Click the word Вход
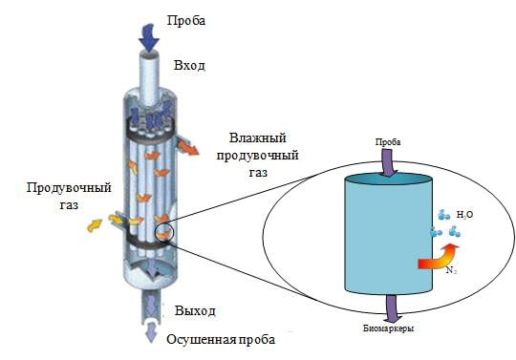(x=189, y=66)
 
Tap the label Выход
(x=195, y=310)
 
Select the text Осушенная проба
(x=221, y=339)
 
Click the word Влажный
(x=258, y=138)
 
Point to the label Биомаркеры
(x=389, y=328)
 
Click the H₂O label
(x=464, y=215)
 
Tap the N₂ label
(x=451, y=270)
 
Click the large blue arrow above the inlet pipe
(x=149, y=37)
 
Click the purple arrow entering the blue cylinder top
(x=389, y=162)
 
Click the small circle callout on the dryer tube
(x=164, y=232)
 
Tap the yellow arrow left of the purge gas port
(x=94, y=225)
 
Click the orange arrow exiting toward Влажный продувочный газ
(x=187, y=147)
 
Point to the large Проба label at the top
(x=186, y=20)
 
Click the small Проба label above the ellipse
(x=388, y=142)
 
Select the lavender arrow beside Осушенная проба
(x=151, y=331)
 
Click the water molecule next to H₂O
(x=444, y=215)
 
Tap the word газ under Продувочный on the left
(x=69, y=205)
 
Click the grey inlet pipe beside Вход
(x=149, y=78)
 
